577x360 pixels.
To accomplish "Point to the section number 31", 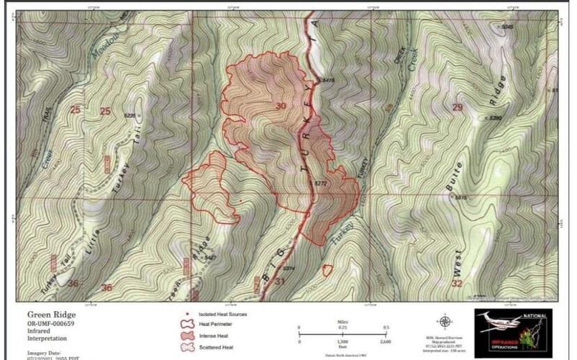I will click(280, 282).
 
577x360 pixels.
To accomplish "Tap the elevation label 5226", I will click(130, 115).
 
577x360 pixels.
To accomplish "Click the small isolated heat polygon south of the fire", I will click(327, 270).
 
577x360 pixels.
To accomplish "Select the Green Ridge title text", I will click(51, 315).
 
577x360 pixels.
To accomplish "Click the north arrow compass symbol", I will click(445, 321).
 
